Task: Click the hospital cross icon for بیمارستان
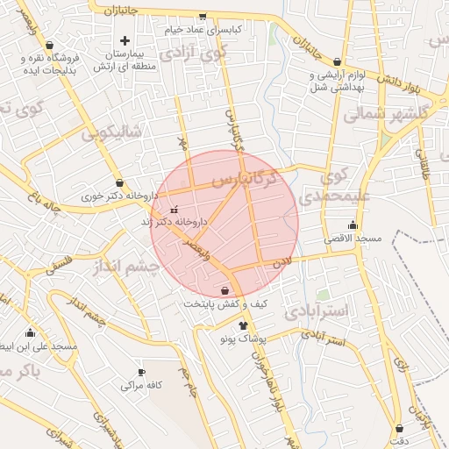[125, 40]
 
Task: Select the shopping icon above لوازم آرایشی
[312, 75]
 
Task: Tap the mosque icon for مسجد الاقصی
[353, 225]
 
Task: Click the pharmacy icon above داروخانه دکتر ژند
[173, 210]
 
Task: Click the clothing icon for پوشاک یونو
[243, 325]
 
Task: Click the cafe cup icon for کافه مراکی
[140, 372]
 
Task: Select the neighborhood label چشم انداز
[126, 265]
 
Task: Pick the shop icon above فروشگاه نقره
[49, 45]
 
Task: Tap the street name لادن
[281, 261]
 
